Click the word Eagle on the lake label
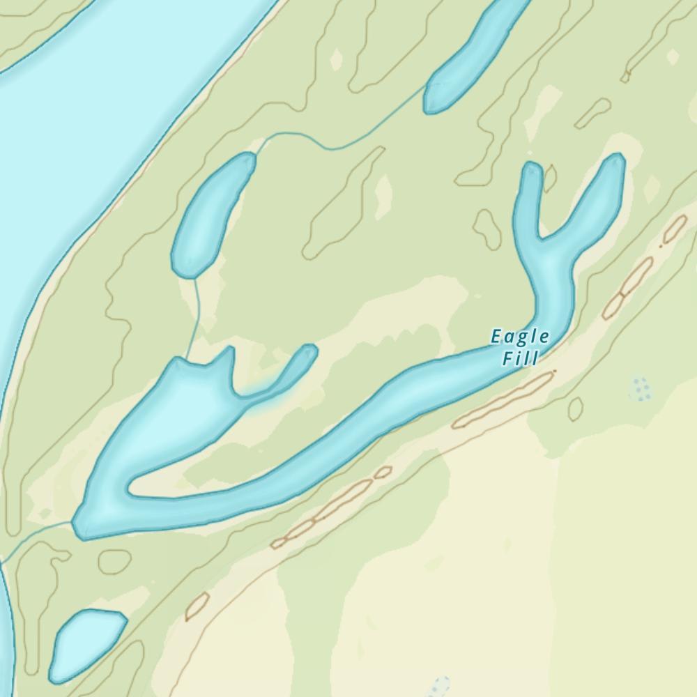(x=520, y=337)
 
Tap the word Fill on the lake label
(x=520, y=360)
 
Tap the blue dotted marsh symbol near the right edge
(x=639, y=388)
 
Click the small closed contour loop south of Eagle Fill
(x=575, y=408)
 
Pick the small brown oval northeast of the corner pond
(x=197, y=606)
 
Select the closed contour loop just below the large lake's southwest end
(x=114, y=561)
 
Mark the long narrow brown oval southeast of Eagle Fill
(x=503, y=399)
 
